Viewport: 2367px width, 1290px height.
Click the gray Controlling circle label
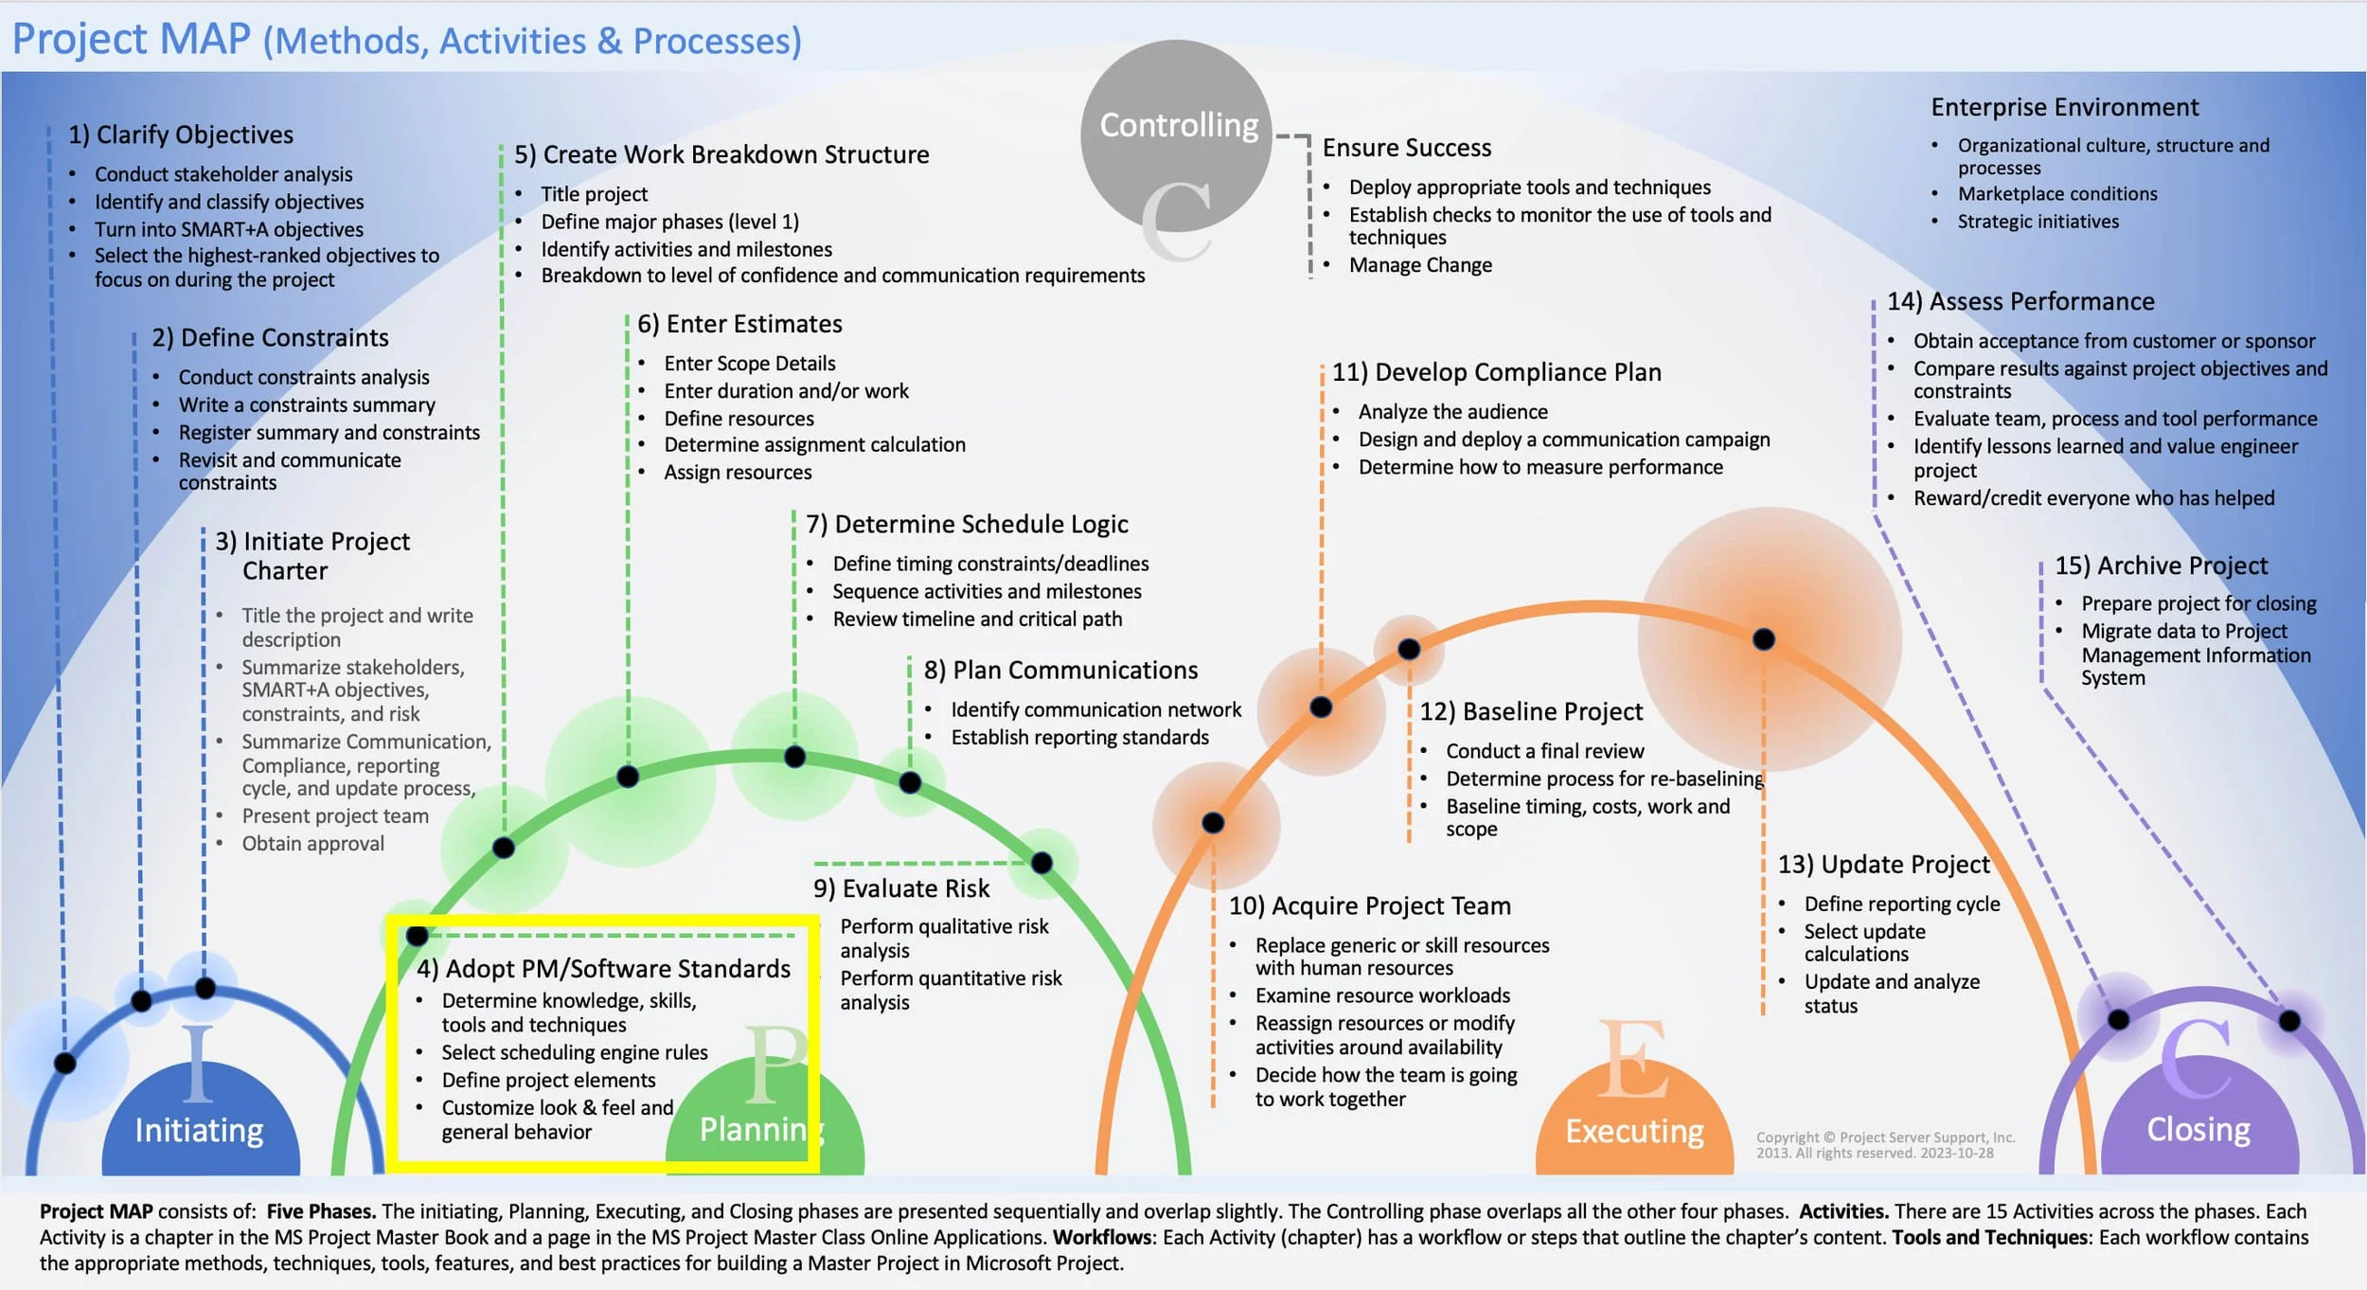[1178, 125]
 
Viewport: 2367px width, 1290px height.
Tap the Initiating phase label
[199, 1130]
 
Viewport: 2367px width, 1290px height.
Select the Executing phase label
[1634, 1131]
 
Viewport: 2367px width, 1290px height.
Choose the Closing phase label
[2198, 1129]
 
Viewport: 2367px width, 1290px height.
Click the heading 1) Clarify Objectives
[180, 134]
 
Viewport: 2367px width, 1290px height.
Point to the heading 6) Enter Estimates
[739, 324]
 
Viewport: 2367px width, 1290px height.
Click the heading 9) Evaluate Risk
[901, 888]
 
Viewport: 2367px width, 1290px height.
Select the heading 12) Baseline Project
[1531, 711]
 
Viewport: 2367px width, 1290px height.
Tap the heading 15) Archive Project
[2161, 565]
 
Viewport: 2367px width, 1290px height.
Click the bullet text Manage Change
[1420, 265]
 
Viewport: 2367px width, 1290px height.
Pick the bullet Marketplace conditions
[2057, 194]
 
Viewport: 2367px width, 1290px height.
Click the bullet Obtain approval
[312, 844]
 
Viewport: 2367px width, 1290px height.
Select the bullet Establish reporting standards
[1079, 738]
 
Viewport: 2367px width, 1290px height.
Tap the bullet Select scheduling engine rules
[575, 1052]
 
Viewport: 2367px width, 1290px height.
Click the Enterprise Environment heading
[2064, 107]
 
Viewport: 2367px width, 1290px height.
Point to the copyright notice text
[1884, 1145]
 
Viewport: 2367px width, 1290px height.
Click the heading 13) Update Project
[1883, 865]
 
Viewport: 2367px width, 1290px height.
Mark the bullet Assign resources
[738, 473]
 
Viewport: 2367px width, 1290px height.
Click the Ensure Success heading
[1406, 148]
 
